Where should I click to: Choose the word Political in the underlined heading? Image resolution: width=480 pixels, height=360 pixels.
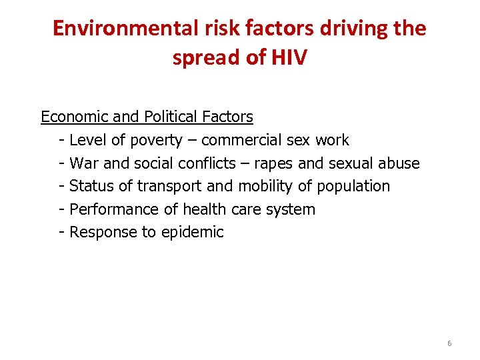(170, 117)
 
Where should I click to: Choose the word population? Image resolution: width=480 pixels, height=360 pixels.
(353, 186)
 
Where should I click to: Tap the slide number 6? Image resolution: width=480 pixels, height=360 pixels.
(449, 343)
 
